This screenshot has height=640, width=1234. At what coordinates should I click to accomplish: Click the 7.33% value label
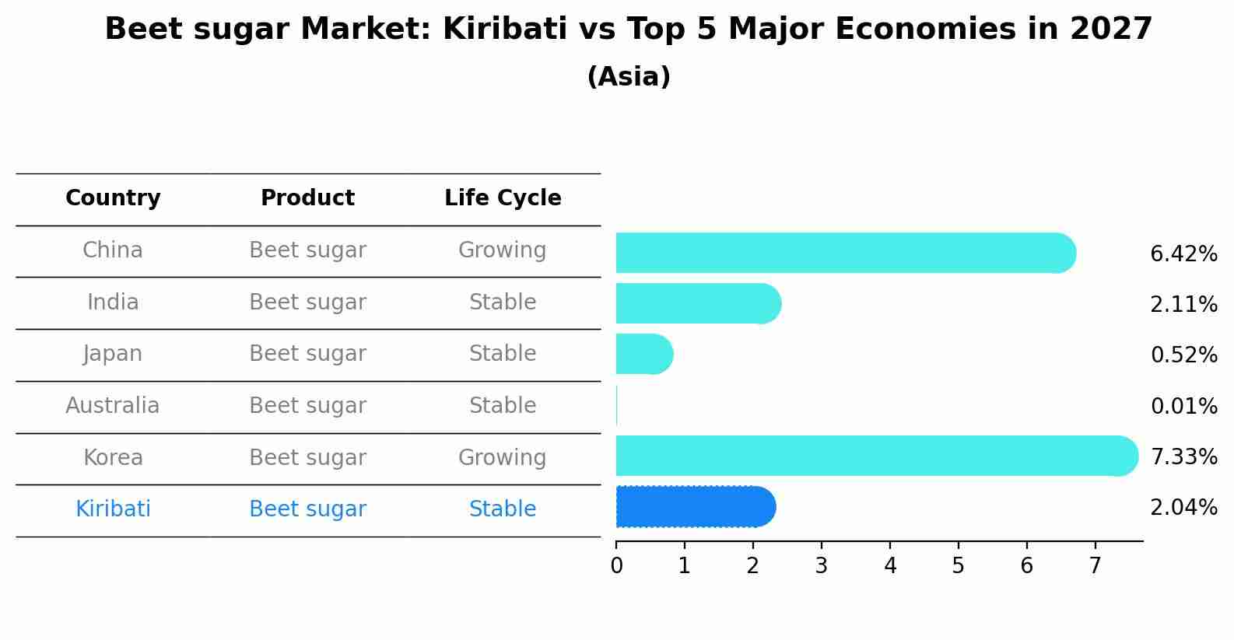tap(1183, 456)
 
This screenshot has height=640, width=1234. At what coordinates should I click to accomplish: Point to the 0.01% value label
tap(1183, 406)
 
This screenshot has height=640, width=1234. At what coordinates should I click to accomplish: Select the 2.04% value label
tap(1183, 508)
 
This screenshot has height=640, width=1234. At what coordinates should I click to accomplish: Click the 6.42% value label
tap(1183, 254)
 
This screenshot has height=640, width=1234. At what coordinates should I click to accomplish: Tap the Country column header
tap(113, 198)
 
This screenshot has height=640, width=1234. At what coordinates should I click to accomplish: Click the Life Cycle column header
tap(503, 198)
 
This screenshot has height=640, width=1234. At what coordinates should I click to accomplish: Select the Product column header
tap(307, 198)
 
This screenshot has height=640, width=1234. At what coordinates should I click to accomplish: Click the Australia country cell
tap(113, 406)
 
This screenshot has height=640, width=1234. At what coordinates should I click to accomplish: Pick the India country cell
tap(113, 302)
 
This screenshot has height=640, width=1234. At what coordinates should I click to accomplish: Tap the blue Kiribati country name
tap(113, 509)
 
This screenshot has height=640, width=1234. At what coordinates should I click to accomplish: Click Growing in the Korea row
tap(502, 457)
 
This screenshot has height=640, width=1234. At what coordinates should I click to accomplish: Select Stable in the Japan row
tap(502, 354)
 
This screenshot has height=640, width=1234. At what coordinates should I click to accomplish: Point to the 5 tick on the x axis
tap(958, 566)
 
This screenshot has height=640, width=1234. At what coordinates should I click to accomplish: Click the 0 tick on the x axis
tap(616, 566)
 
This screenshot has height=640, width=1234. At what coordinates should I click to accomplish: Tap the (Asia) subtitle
tap(629, 77)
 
